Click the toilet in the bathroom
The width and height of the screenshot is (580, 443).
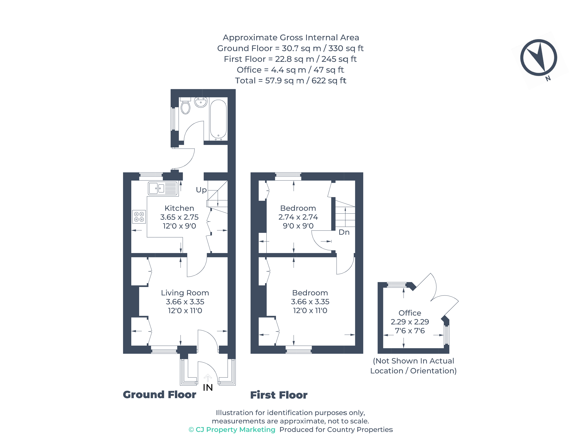click(185, 107)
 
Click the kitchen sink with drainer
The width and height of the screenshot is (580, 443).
click(163, 189)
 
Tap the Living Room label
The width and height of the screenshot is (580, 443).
click(185, 293)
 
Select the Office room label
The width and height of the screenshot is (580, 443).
click(410, 313)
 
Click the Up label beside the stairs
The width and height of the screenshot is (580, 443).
click(201, 190)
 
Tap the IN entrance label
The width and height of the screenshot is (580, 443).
click(208, 388)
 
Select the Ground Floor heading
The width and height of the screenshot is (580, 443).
click(159, 395)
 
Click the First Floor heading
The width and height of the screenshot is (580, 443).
click(279, 395)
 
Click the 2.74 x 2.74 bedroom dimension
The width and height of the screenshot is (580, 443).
click(298, 217)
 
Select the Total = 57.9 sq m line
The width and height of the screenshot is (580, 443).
click(290, 81)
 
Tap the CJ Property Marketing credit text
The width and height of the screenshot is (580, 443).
click(232, 430)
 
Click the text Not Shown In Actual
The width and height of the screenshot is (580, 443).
click(413, 361)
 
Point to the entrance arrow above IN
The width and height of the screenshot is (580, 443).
click(208, 378)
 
